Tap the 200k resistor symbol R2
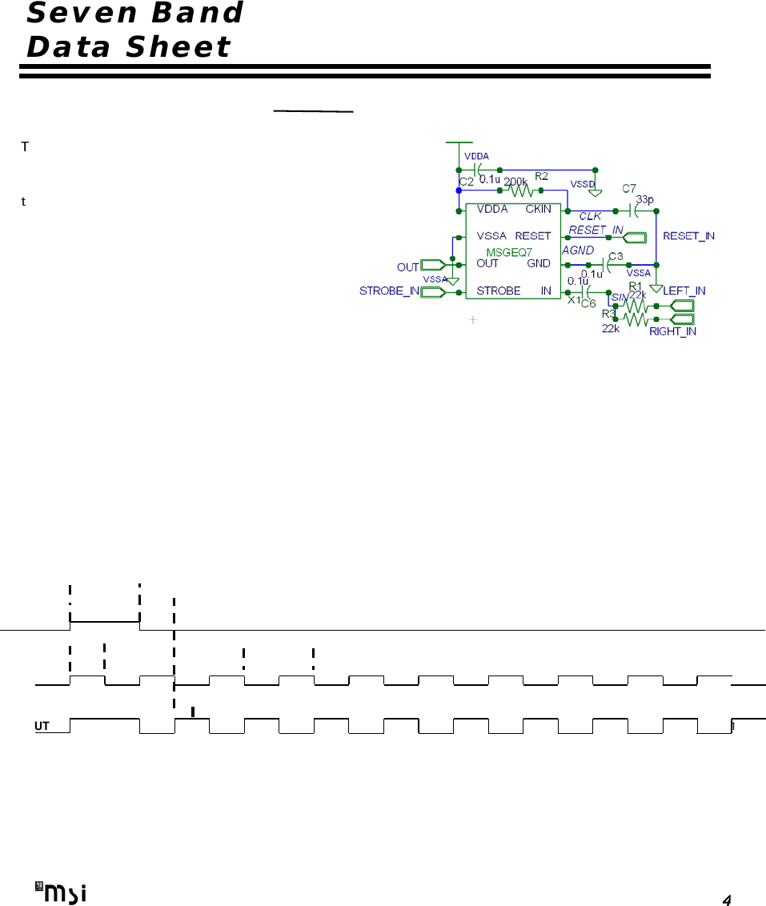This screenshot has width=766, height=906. click(519, 190)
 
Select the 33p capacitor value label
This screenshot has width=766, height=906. click(645, 199)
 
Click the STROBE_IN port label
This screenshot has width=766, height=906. click(389, 291)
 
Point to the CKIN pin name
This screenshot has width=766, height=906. click(538, 210)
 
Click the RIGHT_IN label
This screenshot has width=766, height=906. click(672, 331)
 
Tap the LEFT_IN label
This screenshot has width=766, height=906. click(684, 291)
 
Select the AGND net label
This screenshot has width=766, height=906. click(578, 251)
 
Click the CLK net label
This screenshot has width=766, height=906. click(590, 216)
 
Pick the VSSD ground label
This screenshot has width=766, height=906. click(583, 183)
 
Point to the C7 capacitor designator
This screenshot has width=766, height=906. click(630, 188)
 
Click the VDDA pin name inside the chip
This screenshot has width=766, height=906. click(492, 210)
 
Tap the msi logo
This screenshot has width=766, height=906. click(61, 891)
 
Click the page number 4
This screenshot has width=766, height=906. click(726, 900)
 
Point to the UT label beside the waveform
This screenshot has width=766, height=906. click(42, 726)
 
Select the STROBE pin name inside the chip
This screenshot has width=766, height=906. click(499, 291)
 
